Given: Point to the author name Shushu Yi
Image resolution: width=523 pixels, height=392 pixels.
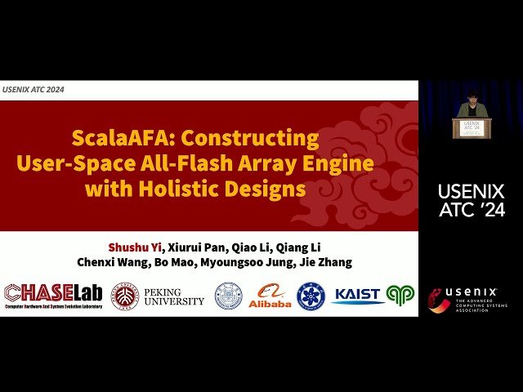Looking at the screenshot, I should [135, 247].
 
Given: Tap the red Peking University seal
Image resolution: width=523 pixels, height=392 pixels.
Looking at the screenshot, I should [125, 296].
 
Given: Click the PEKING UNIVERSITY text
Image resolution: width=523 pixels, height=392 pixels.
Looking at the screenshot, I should [174, 296].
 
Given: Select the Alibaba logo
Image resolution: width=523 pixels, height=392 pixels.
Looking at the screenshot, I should [270, 296].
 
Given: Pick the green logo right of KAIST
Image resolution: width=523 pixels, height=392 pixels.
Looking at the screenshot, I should [400, 295].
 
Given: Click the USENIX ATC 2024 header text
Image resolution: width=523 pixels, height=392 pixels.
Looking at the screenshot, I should [34, 89].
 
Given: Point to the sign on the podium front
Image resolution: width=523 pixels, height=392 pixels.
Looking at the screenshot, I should [471, 127].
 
